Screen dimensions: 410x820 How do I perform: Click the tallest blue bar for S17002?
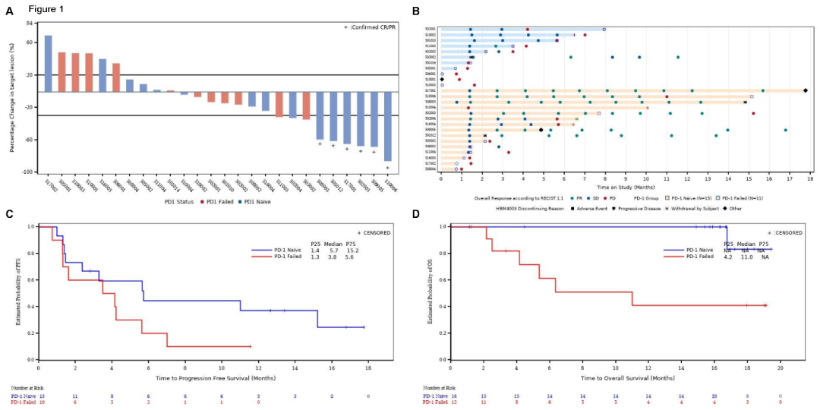click(x=49, y=64)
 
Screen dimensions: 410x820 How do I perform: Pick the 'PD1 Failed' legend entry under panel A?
click(x=218, y=201)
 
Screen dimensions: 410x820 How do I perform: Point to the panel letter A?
click(x=8, y=11)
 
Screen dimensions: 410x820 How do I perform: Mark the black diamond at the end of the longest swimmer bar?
click(x=806, y=90)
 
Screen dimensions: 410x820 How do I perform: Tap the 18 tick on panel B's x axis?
click(x=810, y=178)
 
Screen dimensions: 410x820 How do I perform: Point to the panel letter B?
click(x=415, y=11)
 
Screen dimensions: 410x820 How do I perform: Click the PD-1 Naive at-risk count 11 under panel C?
click(x=74, y=396)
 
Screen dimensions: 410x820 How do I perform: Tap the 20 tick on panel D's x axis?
click(x=781, y=368)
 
